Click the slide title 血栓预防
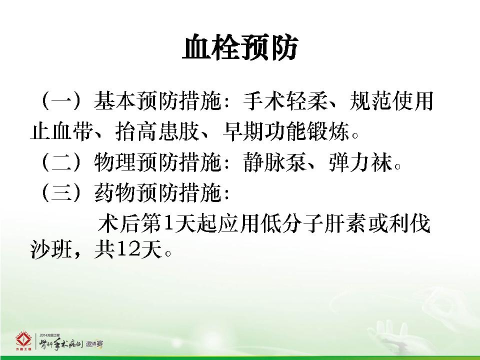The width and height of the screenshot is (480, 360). pos(240,48)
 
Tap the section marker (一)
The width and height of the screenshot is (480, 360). pos(61,100)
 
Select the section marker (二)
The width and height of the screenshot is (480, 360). pos(61,161)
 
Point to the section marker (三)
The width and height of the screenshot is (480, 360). pos(61,193)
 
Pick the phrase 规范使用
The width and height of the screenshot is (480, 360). pos(391,100)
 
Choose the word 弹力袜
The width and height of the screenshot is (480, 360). pos(360,161)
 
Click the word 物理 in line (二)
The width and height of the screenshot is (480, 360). pos(114,161)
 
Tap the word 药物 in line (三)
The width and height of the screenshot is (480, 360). pos(114,193)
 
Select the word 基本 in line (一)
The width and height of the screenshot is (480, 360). pos(114,100)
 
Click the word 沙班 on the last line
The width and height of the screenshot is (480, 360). pos(51,250)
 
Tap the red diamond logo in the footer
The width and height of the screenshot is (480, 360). pos(23,340)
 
